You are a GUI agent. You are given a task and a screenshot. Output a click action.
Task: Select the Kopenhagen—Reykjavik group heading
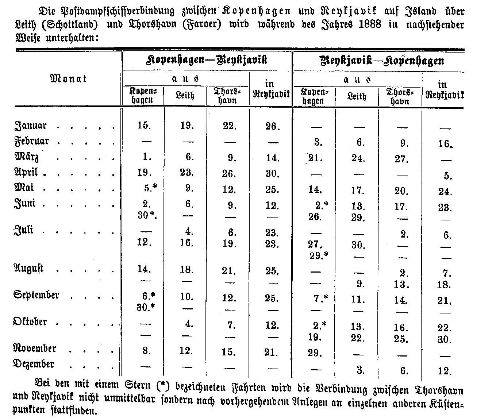pos(207,60)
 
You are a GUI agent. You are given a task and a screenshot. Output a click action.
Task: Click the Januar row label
pos(31,126)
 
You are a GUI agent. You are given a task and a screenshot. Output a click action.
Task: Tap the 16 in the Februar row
pos(445,144)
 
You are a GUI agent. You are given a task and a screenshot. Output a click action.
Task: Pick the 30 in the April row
pos(272,174)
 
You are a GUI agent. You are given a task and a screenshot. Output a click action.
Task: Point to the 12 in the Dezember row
pos(444,371)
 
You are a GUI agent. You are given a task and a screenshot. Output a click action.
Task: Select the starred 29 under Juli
pos(319,256)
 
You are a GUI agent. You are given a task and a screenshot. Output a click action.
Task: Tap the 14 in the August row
pos(144,270)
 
